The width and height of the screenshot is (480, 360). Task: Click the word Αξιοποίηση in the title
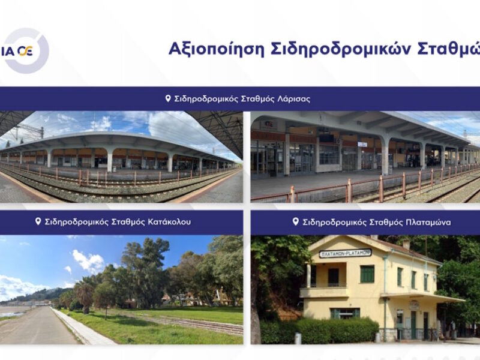coord(216,49)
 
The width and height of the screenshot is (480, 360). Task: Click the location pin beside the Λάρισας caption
coord(168,98)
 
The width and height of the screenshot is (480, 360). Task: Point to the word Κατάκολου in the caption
coord(169,221)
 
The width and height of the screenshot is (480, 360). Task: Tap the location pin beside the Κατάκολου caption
coord(38,221)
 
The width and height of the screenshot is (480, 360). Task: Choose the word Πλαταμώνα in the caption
coord(428,222)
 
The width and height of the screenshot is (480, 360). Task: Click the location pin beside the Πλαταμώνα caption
coord(295,221)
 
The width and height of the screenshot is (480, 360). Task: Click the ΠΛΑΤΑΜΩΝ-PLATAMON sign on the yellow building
coord(346,253)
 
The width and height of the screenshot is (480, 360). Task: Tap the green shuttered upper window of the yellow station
coord(367,274)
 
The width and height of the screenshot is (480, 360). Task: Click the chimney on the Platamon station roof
coord(406,244)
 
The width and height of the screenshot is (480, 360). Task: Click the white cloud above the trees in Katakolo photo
coord(88,262)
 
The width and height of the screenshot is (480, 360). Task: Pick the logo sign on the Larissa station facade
coord(269,125)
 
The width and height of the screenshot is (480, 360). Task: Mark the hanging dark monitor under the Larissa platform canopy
coord(327,138)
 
